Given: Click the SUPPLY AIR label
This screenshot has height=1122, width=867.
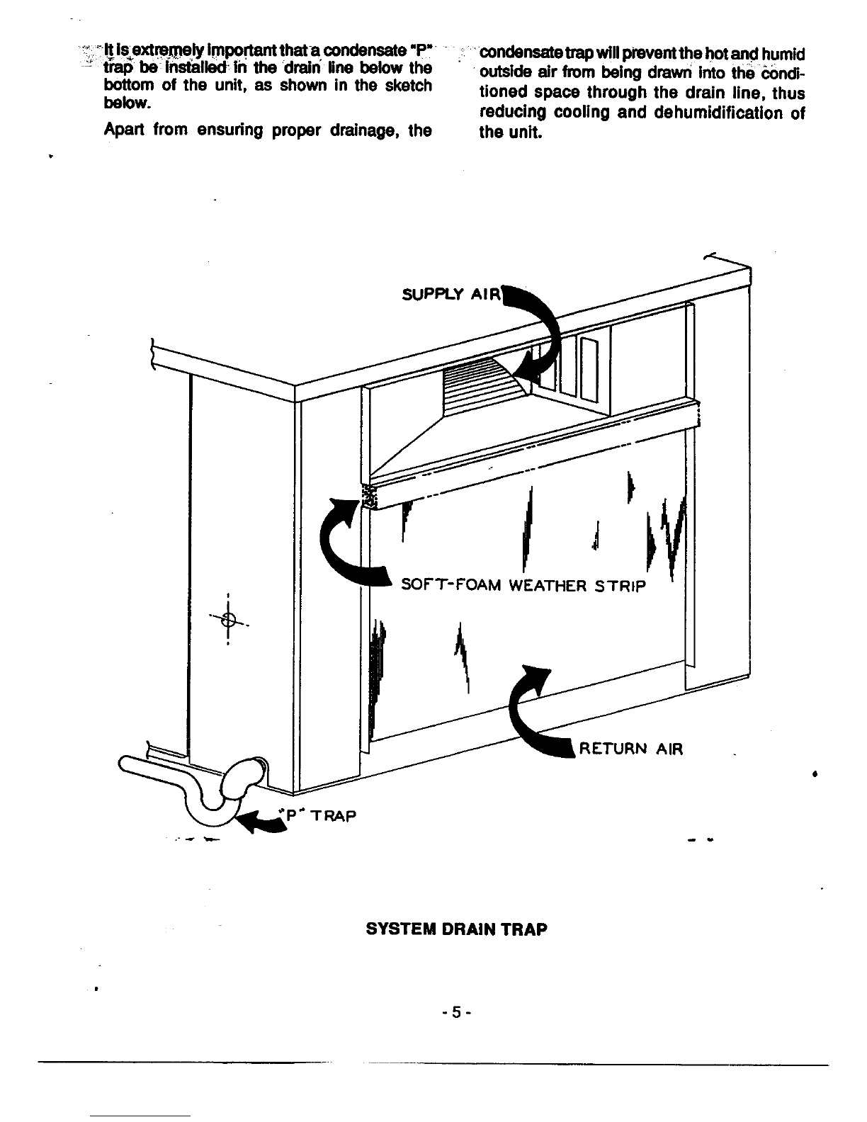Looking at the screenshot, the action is [451, 294].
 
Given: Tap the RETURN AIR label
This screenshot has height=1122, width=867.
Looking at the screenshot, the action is [630, 749].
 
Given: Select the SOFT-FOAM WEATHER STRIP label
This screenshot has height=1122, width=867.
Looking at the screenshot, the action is [523, 586].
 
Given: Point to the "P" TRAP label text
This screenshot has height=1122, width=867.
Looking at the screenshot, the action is [317, 816].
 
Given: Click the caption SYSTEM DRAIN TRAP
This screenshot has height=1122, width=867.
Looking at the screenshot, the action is [456, 929].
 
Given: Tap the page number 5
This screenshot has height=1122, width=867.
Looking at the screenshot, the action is [456, 1012].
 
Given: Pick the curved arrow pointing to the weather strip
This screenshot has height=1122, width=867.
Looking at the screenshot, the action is [336, 557].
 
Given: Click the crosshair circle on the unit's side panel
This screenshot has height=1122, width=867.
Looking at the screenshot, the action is [228, 619].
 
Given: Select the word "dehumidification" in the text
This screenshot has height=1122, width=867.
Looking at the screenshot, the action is [718, 113].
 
